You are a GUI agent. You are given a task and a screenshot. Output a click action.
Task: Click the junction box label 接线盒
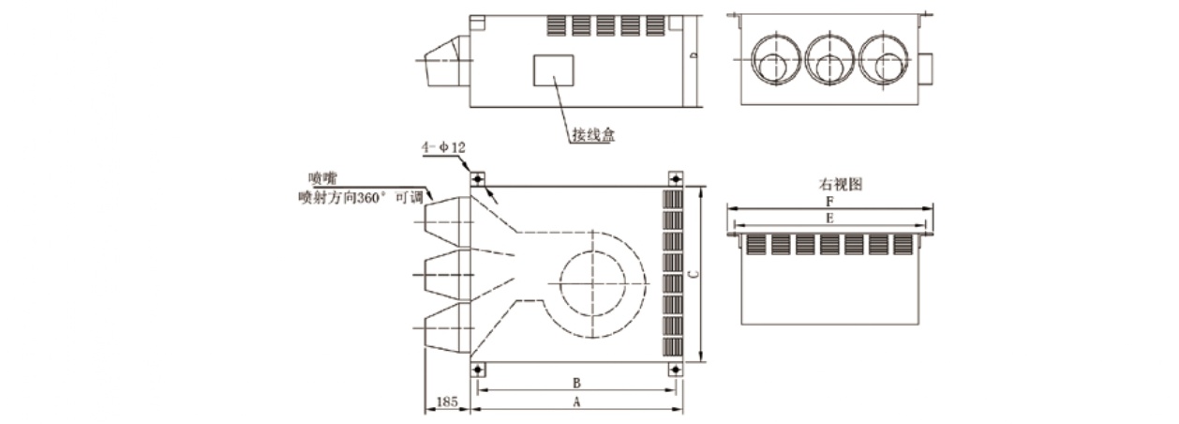pos(593,135)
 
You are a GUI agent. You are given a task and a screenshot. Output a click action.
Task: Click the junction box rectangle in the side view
pos(553,70)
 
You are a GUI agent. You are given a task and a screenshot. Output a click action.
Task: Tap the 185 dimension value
pos(448,402)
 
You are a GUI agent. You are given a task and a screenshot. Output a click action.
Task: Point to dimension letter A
pos(577,401)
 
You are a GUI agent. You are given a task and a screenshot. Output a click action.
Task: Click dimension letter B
pos(577,383)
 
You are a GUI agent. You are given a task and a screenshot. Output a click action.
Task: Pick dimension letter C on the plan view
pos(692,275)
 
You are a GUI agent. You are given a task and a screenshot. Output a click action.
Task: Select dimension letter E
pos(828,218)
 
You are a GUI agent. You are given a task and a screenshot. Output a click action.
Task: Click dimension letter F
pos(828,201)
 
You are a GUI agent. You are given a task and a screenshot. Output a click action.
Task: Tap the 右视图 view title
pos(828,185)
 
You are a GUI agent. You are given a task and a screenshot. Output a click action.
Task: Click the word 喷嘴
pos(321,176)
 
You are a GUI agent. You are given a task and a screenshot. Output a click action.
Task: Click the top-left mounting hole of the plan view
pos(477,178)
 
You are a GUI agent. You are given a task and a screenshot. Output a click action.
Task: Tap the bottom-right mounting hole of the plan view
pos(675,370)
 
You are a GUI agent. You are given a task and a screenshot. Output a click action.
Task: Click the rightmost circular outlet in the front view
pos(882,60)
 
